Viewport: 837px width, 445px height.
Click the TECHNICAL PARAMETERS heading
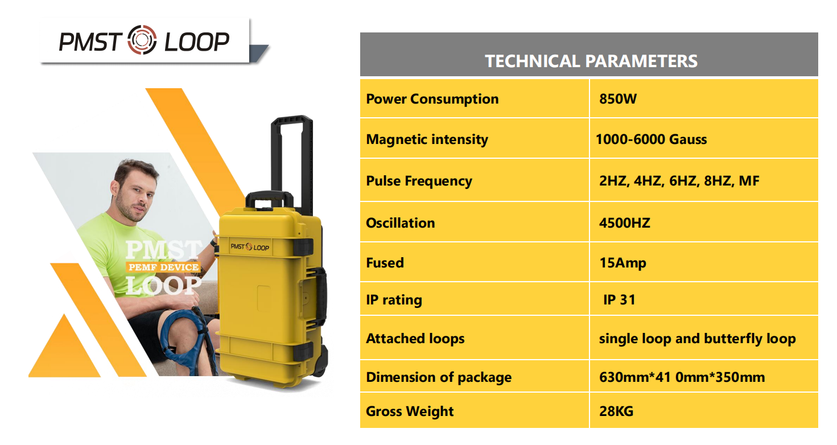591,61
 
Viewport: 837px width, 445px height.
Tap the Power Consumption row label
432,99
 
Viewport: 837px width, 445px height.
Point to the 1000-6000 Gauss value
652,139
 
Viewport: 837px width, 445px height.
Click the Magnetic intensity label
427,139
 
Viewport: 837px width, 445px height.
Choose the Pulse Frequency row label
419,181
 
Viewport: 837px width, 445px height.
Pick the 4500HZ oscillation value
624,223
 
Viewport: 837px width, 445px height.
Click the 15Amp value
622,263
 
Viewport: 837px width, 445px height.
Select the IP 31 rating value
619,300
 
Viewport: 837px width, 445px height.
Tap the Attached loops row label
415,339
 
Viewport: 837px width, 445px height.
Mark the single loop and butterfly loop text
697,339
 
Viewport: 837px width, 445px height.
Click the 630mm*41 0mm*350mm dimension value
682,377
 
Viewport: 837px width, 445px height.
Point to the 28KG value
616,411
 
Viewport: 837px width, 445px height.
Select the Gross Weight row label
410,411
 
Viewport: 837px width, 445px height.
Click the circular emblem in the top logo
142,40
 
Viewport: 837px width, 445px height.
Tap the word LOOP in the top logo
196,42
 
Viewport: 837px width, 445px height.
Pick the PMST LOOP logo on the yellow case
250,247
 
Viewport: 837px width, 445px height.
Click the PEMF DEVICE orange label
164,267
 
